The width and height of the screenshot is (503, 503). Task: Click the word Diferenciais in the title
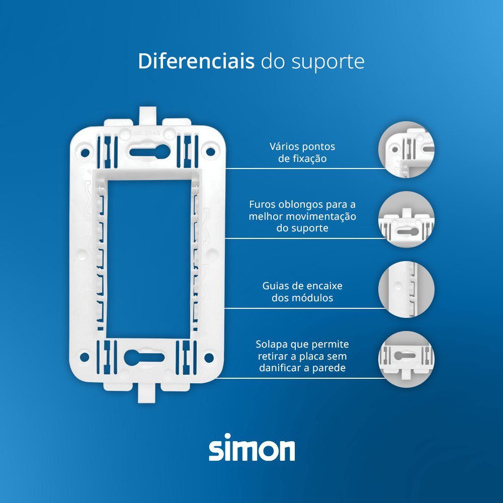click(196, 61)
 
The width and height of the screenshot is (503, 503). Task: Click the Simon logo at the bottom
click(252, 447)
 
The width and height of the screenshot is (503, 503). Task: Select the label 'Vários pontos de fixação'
click(302, 153)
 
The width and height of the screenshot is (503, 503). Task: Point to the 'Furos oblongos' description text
click(302, 216)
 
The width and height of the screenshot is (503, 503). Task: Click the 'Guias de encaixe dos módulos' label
click(302, 292)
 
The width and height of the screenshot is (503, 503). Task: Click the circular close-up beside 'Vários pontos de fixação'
click(406, 149)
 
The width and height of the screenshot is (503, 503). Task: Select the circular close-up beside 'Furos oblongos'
click(406, 219)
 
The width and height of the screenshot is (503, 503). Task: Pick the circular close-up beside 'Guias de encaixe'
click(406, 289)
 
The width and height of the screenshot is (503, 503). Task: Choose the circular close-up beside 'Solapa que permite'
click(406, 359)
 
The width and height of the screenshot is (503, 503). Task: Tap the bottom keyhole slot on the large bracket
click(144, 357)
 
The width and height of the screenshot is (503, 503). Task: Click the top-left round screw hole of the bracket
click(85, 152)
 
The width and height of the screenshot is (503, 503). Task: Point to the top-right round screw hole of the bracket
click(210, 151)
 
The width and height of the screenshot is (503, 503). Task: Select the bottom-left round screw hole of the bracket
click(84, 357)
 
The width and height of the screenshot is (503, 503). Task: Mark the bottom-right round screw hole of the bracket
click(209, 358)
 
